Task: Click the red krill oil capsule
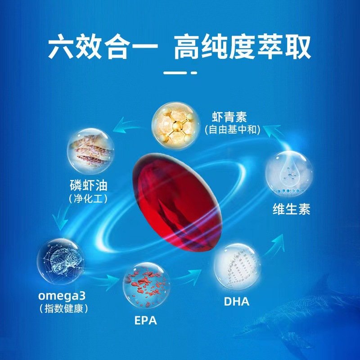(177, 203)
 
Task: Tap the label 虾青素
(229, 117)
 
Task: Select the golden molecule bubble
(175, 126)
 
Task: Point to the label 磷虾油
(89, 185)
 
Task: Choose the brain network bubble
(61, 261)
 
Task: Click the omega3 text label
(62, 296)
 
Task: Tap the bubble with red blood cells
(146, 286)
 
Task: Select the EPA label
(145, 320)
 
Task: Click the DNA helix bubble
(237, 267)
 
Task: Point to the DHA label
(237, 301)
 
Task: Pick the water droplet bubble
(289, 174)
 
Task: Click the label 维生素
(291, 209)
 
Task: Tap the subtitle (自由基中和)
(233, 130)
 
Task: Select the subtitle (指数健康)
(63, 308)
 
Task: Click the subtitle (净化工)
(88, 198)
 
